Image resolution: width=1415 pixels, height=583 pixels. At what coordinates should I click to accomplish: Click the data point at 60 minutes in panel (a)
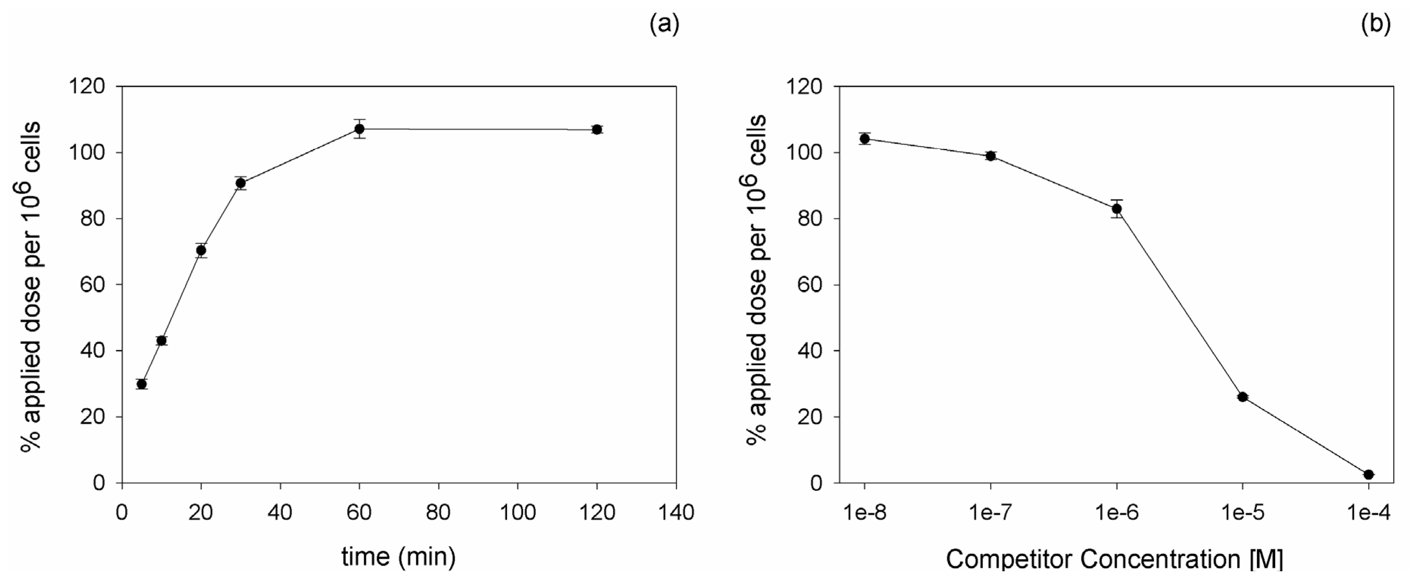tap(359, 129)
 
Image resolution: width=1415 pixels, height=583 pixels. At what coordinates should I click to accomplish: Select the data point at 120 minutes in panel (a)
tap(596, 130)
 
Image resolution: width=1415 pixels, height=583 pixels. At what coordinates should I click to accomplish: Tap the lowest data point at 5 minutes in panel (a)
tap(142, 384)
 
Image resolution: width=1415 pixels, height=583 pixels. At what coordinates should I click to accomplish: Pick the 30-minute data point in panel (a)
tap(241, 183)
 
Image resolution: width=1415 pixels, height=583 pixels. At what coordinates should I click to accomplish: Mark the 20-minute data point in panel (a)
tap(201, 251)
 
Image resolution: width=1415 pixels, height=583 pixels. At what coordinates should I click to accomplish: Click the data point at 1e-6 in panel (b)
tap(1117, 209)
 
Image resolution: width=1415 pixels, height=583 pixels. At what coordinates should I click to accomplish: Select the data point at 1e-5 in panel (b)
tap(1243, 397)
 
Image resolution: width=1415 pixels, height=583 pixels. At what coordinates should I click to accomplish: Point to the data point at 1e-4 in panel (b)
tap(1368, 474)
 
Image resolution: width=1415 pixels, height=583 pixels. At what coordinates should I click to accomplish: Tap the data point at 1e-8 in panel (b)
tap(865, 138)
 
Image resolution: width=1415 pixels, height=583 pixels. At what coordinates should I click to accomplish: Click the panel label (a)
tap(664, 24)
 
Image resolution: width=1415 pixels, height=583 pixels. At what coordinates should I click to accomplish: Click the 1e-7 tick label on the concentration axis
tap(991, 512)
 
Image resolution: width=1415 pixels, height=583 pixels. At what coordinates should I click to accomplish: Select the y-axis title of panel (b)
tap(758, 280)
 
